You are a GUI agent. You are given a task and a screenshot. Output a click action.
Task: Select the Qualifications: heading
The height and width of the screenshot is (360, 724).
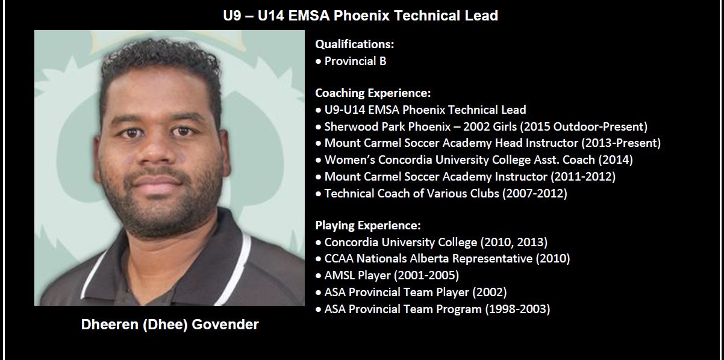[355, 45]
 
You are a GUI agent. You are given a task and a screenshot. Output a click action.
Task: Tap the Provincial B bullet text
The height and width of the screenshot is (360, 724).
[355, 61]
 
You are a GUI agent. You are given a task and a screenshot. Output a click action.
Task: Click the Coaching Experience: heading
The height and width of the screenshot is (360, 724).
[373, 93]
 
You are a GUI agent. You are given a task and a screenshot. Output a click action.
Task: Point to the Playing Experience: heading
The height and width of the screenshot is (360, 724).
[368, 225]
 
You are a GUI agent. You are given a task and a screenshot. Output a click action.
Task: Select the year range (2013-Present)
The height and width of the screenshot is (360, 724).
[621, 143]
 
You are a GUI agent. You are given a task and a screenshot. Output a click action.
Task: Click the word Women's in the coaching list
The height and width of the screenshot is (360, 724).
[350, 160]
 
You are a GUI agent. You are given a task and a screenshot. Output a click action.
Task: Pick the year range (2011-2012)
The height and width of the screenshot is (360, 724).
[583, 177]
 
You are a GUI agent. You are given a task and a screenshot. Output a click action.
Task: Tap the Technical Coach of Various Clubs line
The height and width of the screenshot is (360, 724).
[446, 194]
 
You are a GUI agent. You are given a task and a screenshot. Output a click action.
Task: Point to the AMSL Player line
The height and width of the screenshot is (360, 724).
[392, 275]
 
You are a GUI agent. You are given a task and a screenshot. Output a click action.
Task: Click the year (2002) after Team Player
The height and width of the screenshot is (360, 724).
[489, 292]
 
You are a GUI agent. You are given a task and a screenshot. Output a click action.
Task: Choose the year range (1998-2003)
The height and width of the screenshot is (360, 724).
[517, 309]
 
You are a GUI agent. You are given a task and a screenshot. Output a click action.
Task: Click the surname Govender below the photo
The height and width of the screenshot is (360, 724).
[225, 324]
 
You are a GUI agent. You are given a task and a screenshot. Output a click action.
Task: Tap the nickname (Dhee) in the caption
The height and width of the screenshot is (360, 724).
[165, 324]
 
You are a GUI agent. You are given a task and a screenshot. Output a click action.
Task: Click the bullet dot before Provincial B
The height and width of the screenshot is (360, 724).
[319, 61]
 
